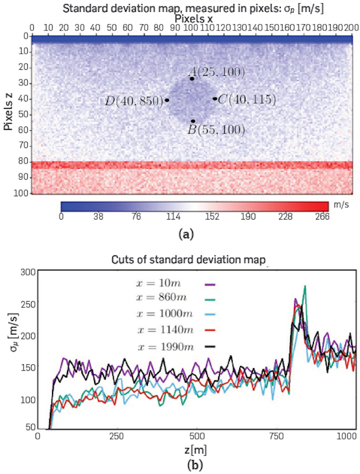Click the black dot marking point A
(192, 79)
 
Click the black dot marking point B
(193, 121)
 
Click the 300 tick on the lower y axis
(26, 272)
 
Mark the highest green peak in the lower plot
(305, 287)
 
